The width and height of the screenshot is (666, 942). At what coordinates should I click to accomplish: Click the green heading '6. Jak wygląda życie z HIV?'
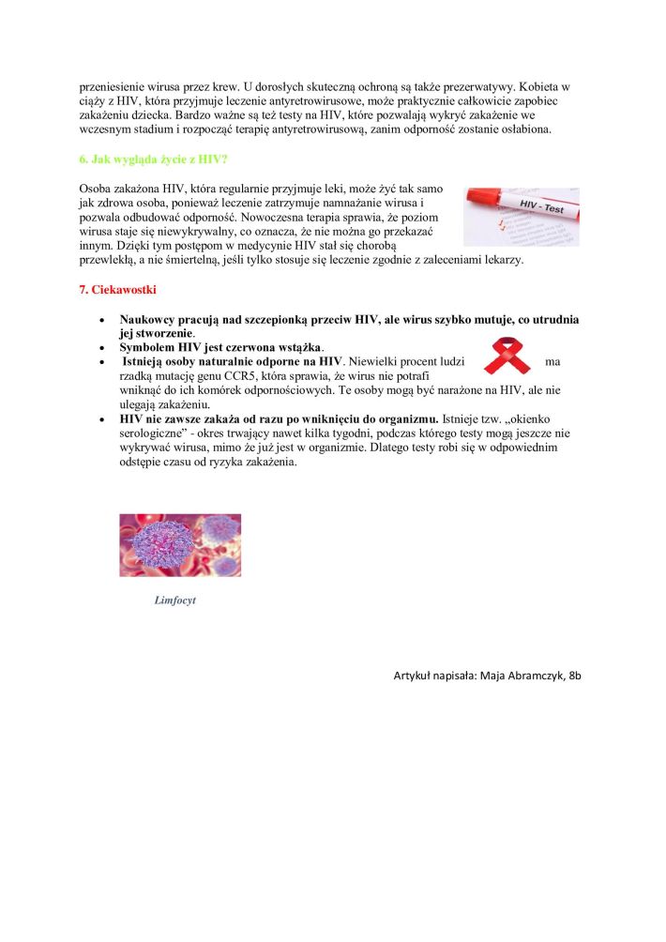[153, 159]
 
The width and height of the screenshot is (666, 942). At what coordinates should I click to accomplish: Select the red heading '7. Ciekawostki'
[116, 289]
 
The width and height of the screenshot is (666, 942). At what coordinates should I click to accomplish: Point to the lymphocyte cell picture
[180, 545]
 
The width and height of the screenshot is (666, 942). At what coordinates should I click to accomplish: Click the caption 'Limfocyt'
[175, 600]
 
